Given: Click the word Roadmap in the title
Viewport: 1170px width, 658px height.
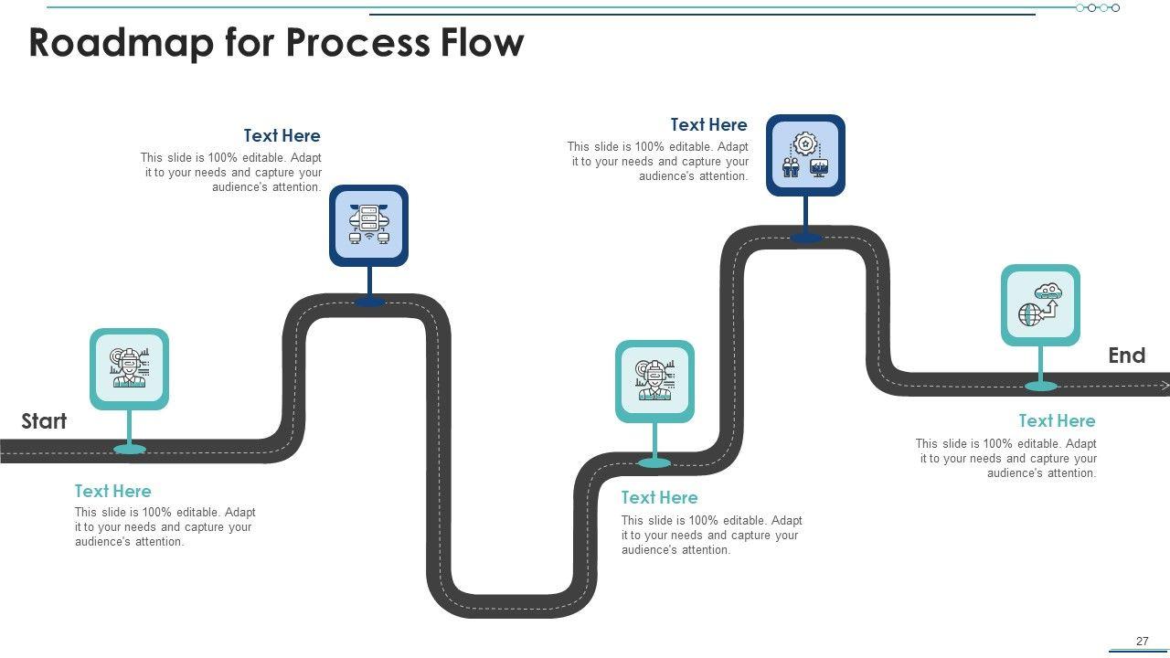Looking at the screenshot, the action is click(x=122, y=43).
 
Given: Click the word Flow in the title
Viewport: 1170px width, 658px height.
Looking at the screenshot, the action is click(x=482, y=42).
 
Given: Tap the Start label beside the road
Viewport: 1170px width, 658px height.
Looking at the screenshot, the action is click(x=44, y=421).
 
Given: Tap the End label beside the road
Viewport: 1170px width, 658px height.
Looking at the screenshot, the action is click(x=1127, y=356).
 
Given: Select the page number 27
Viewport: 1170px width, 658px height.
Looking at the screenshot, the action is click(x=1143, y=641).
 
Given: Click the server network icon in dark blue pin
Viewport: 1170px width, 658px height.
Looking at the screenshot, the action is click(x=368, y=225).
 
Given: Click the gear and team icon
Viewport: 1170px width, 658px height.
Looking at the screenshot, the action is click(x=805, y=154).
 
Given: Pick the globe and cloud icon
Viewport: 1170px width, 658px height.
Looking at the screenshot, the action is click(x=1040, y=304).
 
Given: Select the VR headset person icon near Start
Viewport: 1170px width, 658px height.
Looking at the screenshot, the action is click(x=129, y=367).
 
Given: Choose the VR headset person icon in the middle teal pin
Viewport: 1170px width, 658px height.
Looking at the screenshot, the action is click(x=654, y=380).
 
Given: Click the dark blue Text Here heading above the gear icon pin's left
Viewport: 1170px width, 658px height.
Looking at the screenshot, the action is click(x=708, y=125).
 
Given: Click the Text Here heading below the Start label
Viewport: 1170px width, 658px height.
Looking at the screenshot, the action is click(x=112, y=491).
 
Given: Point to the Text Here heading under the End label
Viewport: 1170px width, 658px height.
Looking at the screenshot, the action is click(x=1058, y=421).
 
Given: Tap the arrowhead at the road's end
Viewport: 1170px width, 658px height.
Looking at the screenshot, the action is click(x=1165, y=386).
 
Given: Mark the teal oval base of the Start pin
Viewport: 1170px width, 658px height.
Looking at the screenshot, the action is click(x=130, y=449).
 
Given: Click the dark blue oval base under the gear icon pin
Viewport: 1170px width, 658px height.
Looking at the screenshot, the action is click(x=805, y=239).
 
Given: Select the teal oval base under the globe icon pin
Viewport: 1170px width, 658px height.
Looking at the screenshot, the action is click(x=1041, y=387).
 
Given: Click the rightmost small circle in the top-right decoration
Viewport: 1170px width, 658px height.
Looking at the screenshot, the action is click(x=1116, y=8).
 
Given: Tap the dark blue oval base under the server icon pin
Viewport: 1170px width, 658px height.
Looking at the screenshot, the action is click(x=370, y=302).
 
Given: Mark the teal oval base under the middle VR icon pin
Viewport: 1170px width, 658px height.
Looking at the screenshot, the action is click(x=654, y=462).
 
